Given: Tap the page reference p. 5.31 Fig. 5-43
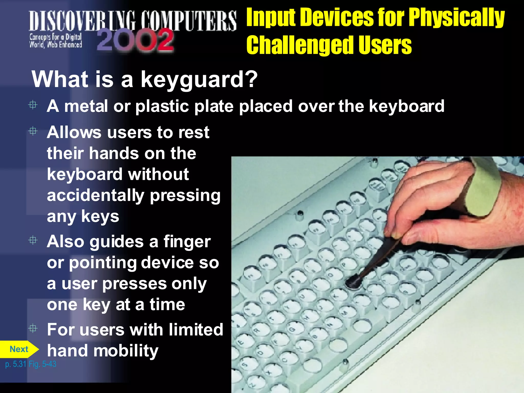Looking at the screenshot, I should tap(31, 364).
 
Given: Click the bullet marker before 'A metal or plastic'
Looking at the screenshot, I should tap(33, 105).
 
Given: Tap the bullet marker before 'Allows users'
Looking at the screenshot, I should tap(33, 131).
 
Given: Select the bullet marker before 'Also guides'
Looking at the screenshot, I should tap(33, 240).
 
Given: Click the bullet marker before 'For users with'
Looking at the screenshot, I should tap(33, 328).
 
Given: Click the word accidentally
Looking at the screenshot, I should tap(96, 195).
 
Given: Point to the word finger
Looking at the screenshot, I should tap(187, 242).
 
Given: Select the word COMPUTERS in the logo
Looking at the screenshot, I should tap(189, 20).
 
